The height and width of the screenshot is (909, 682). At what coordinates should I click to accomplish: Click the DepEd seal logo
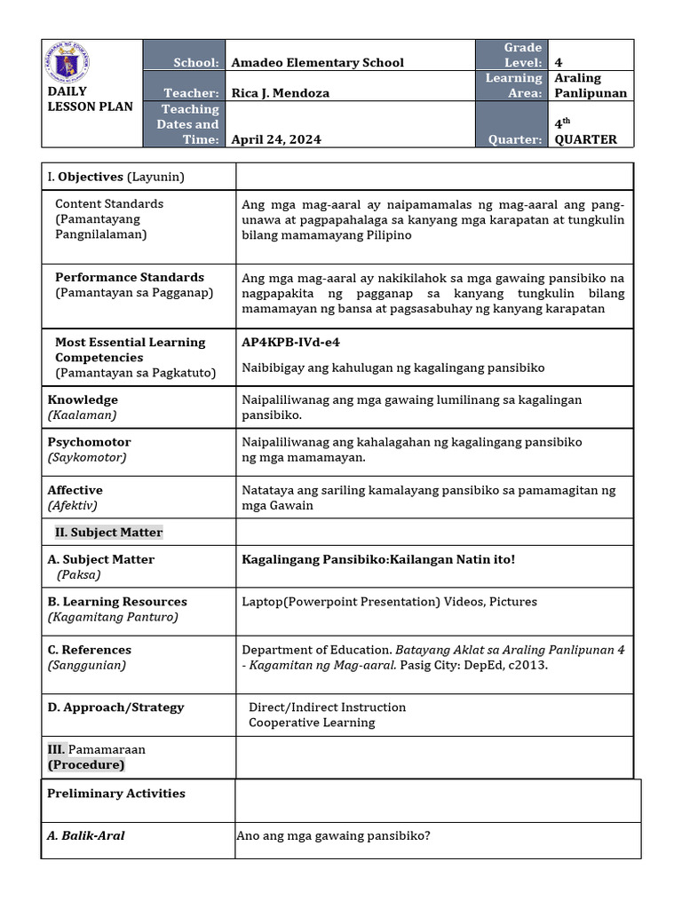(72, 63)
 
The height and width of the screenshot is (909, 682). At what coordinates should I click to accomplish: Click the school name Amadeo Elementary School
(317, 63)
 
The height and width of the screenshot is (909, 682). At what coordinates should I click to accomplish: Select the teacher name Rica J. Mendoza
(282, 93)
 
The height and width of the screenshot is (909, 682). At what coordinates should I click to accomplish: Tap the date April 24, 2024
(276, 139)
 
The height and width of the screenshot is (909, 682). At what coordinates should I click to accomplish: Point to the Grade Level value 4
(559, 63)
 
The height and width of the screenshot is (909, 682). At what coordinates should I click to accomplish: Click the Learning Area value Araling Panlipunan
(591, 85)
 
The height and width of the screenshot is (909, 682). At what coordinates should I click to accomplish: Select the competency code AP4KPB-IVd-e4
(290, 342)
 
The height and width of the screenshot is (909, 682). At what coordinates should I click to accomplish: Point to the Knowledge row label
(83, 400)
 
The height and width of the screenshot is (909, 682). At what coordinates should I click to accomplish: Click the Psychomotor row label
(89, 442)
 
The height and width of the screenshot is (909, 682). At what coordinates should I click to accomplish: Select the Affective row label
(75, 490)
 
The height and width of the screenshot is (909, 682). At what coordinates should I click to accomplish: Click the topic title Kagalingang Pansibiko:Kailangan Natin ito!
(378, 559)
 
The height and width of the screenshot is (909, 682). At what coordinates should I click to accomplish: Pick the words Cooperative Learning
(312, 723)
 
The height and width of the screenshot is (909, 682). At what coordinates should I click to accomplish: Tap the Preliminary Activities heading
(116, 794)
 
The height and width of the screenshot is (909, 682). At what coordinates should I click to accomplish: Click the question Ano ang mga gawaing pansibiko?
(334, 835)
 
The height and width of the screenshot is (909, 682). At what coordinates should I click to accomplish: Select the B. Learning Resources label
(117, 602)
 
